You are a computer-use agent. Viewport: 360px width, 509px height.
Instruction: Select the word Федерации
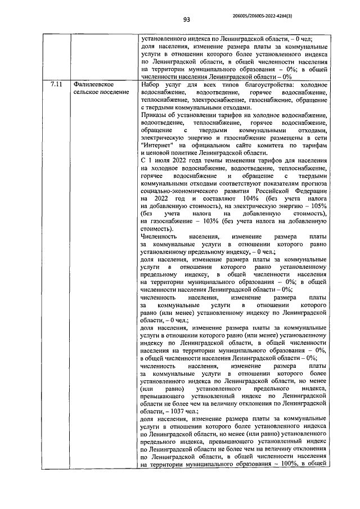(x=309, y=191)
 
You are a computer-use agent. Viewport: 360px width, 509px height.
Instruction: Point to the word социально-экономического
(x=174, y=191)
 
